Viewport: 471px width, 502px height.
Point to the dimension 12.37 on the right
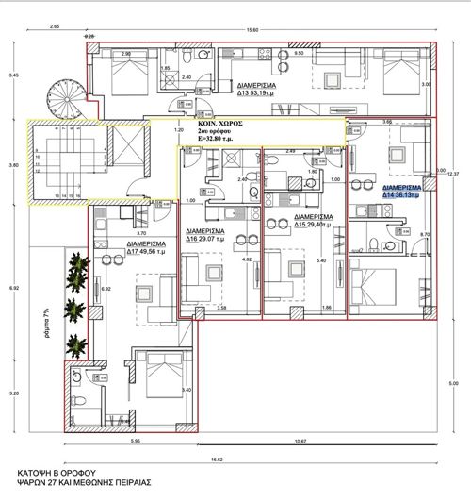click(452, 173)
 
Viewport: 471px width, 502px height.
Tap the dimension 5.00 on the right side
click(452, 383)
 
